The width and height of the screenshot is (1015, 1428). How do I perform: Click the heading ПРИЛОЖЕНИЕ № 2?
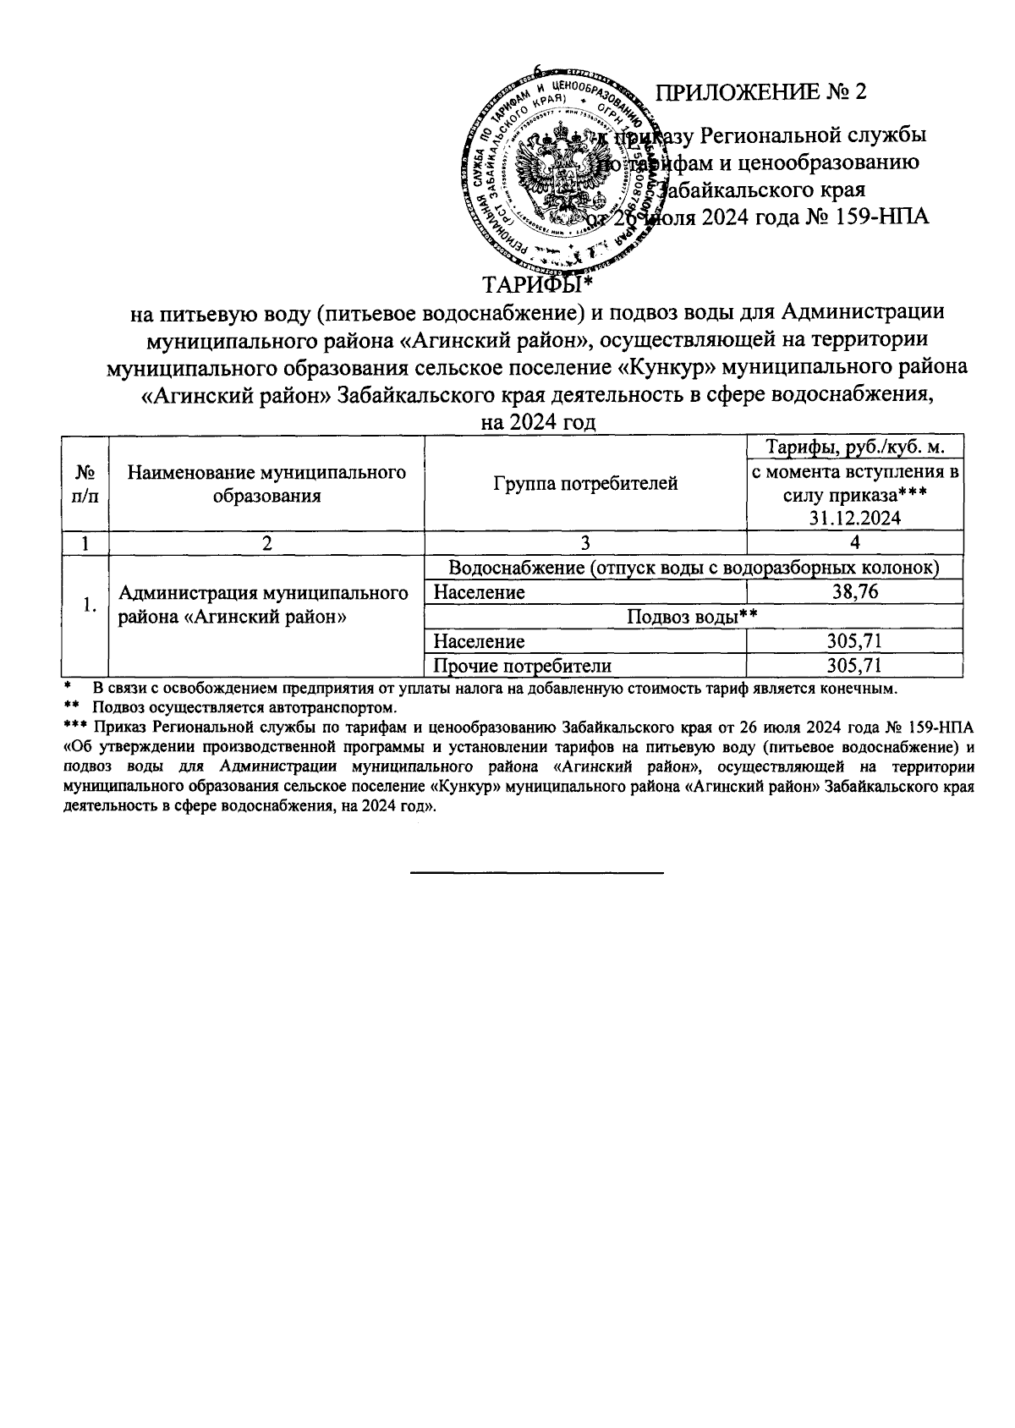click(762, 92)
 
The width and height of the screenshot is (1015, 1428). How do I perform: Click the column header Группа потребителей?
click(584, 484)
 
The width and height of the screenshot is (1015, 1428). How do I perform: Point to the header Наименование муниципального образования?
click(266, 484)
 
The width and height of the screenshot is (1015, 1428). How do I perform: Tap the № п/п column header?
click(85, 484)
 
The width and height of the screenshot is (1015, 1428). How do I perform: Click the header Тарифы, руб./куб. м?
click(854, 447)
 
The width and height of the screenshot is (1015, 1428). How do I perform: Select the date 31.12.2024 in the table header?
click(855, 519)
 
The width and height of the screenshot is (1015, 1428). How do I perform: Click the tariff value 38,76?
click(855, 592)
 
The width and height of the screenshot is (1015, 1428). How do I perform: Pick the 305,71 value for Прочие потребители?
click(855, 666)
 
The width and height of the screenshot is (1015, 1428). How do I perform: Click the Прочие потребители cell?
click(522, 666)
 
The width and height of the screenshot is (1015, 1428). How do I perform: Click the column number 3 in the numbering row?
click(584, 543)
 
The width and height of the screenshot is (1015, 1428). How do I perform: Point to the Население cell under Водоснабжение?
click(479, 592)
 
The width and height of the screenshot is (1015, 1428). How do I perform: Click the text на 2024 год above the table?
click(538, 422)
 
